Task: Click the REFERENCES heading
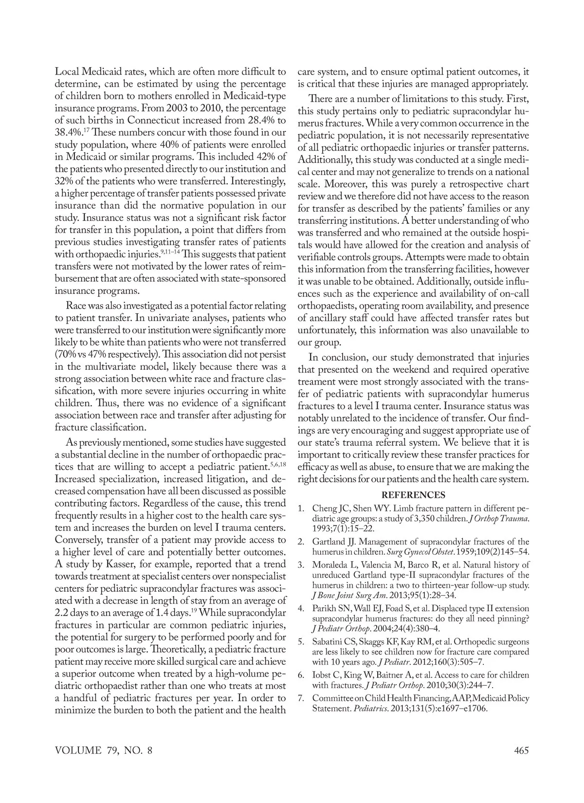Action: (x=413, y=495)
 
